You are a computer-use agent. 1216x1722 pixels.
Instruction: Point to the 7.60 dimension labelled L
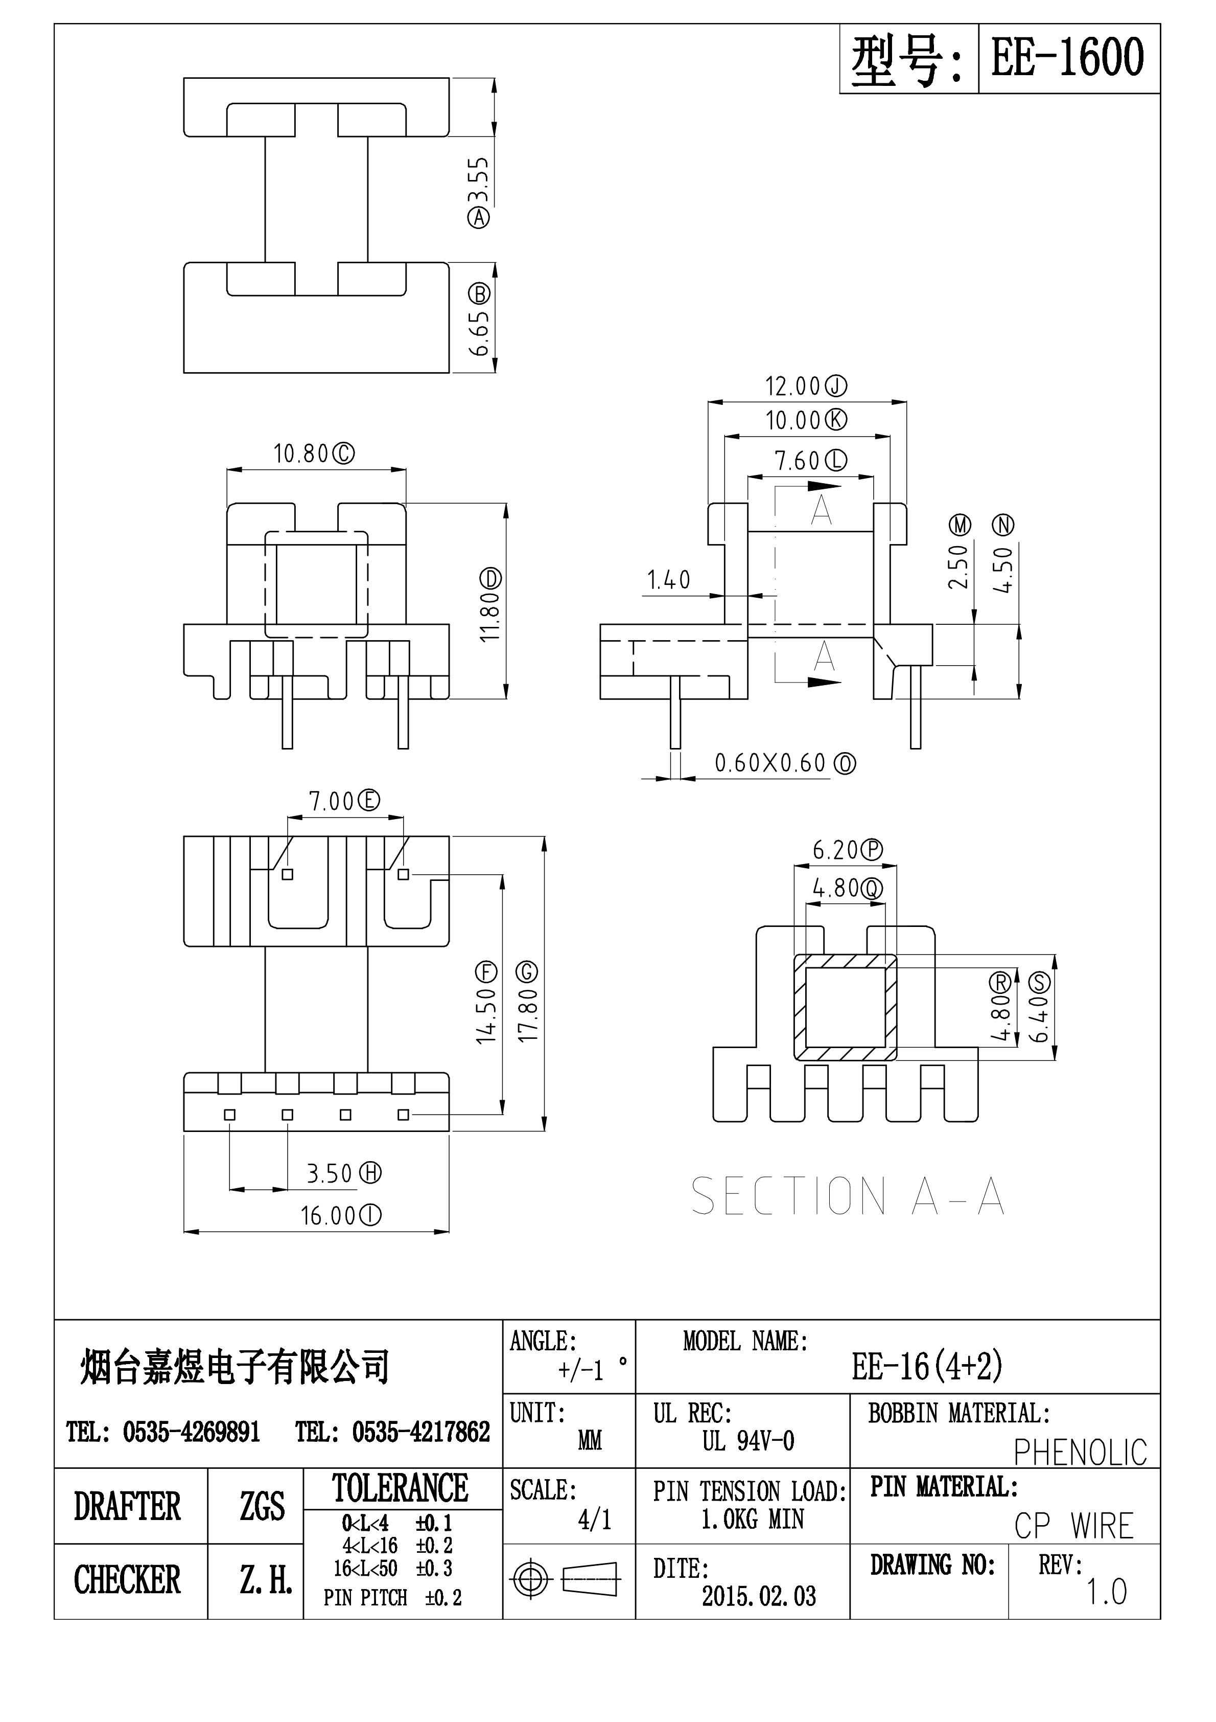point(810,461)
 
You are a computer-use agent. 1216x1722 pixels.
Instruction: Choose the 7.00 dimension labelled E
point(344,801)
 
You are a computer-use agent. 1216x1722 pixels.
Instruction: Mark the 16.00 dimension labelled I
point(340,1216)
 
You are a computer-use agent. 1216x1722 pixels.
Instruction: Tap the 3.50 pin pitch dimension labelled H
point(343,1173)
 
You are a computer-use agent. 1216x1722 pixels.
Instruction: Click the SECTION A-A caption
point(847,1196)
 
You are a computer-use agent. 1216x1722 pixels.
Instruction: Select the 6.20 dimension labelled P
point(847,850)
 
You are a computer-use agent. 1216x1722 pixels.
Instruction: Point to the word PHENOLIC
point(1080,1453)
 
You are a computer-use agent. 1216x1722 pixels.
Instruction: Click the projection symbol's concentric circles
point(530,1579)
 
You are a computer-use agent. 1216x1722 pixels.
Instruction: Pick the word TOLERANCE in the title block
point(401,1488)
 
